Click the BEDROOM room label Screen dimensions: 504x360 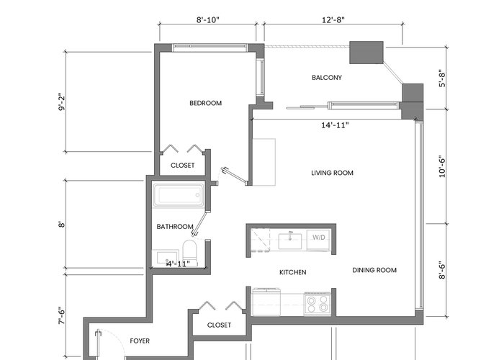[205, 103]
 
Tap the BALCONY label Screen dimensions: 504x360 [327, 78]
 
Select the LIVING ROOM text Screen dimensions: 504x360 [332, 173]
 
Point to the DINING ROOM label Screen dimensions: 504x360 [374, 270]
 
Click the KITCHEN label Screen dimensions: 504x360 [293, 273]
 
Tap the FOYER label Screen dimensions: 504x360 [140, 341]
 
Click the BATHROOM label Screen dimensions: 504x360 [175, 227]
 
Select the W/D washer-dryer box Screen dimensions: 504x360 [318, 240]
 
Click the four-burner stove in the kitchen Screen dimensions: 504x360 [317, 304]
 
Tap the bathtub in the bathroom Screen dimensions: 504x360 [179, 195]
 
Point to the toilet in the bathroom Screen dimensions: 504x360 [189, 251]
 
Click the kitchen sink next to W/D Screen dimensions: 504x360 [290, 241]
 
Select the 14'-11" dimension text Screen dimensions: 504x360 [335, 125]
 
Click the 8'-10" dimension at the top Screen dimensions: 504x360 [207, 20]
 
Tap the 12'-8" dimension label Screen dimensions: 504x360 [333, 20]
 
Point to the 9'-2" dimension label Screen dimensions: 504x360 [61, 102]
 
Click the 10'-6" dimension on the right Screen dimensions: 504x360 [442, 166]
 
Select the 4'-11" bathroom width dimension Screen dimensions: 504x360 [178, 264]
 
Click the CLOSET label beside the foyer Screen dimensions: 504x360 [219, 325]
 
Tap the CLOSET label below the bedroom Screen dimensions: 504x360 [183, 165]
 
